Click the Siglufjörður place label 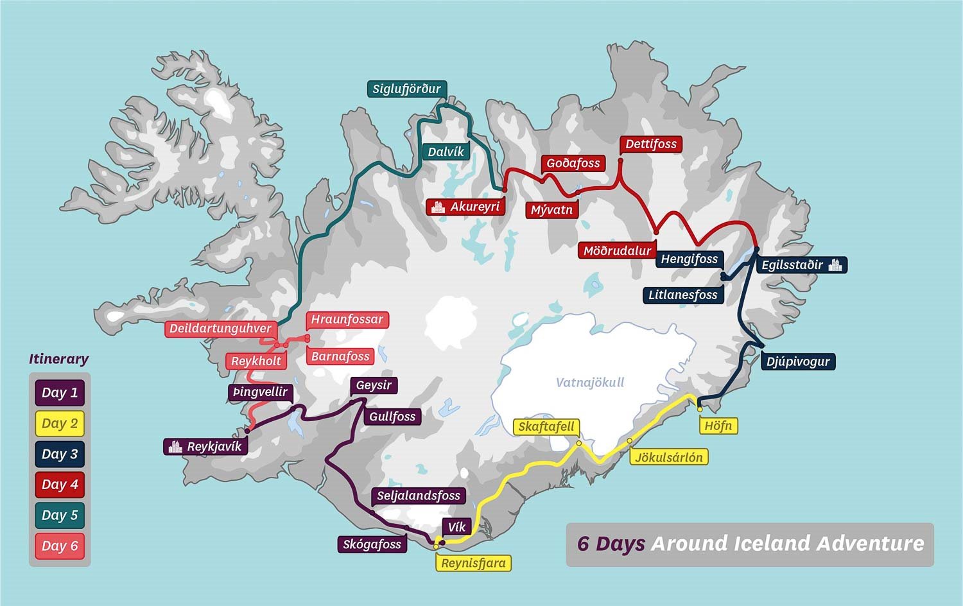[407, 89]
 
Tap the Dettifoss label [651, 144]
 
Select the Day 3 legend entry [60, 454]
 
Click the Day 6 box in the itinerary [60, 546]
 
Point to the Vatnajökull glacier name [589, 383]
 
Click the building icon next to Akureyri [438, 207]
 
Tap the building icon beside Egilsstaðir [835, 264]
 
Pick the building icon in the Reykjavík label [175, 447]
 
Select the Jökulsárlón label [669, 457]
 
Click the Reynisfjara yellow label [474, 563]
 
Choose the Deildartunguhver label [220, 329]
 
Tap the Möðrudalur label [617, 251]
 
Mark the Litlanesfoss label [683, 295]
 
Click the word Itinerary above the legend [58, 359]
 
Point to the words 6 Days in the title [611, 544]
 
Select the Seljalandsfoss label [419, 496]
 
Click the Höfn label [718, 426]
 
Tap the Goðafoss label [573, 163]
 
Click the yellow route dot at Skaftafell [578, 443]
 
